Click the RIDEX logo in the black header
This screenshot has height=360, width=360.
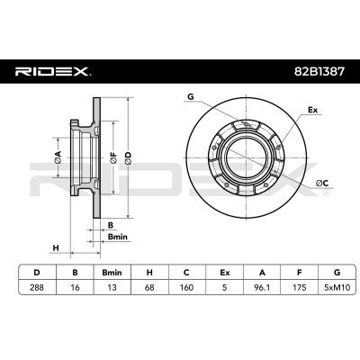tap(53, 71)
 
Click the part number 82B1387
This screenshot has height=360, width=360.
tap(319, 71)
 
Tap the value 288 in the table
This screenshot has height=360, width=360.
tap(37, 287)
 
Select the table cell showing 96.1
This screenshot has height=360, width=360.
tap(262, 287)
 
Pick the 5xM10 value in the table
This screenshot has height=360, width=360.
tap(337, 287)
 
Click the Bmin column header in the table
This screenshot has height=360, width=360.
tap(112, 273)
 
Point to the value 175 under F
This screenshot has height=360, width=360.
tap(299, 287)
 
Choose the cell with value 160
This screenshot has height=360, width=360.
tap(186, 287)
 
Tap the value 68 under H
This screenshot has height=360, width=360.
tap(149, 287)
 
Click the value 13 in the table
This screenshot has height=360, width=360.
tap(112, 287)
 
